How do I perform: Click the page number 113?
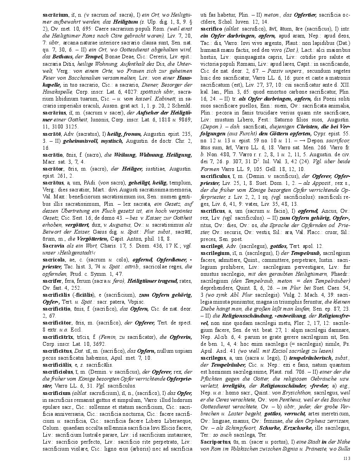click(346, 458)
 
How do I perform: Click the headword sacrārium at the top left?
click(55, 14)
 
